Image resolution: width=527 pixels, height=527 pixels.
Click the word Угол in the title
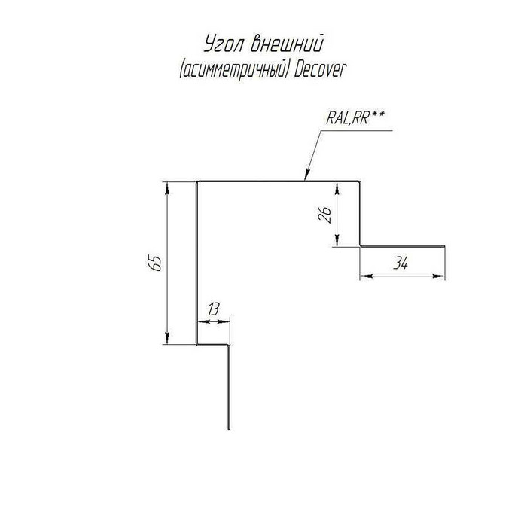click(222, 44)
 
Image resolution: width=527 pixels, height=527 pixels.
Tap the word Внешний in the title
click(287, 44)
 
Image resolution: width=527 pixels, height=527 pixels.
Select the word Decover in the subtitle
click(320, 70)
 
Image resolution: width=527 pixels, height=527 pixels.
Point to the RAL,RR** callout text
click(355, 118)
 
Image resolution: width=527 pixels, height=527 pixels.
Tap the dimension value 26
click(324, 215)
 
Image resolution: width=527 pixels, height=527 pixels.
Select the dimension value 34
click(401, 263)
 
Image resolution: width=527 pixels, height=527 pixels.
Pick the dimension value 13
click(213, 309)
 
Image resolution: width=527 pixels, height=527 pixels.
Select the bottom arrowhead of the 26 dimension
click(337, 241)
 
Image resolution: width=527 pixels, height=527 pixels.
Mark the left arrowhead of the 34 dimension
click(367, 276)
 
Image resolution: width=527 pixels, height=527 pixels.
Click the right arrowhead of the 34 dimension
click(438, 276)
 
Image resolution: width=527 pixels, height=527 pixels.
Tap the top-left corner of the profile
click(196, 182)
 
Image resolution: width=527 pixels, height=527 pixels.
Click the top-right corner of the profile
click(361, 182)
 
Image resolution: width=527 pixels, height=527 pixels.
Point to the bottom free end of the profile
click(229, 429)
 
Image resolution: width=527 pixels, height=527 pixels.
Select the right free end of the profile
click(445, 246)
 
